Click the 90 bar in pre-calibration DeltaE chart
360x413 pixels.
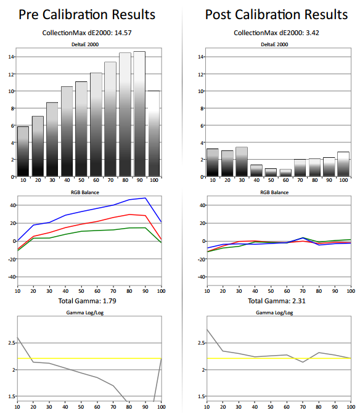click(x=139, y=114)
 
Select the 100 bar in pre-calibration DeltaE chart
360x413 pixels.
click(x=153, y=134)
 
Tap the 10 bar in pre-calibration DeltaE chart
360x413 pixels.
click(x=23, y=152)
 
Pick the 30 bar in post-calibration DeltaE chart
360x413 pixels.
click(x=242, y=162)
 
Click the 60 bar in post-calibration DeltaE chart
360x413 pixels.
click(x=285, y=173)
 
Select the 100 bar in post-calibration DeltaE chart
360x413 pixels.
click(x=343, y=164)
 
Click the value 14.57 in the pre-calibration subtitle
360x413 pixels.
click(x=123, y=33)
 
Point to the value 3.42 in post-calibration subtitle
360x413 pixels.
click(x=313, y=33)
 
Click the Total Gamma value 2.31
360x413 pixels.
click(x=298, y=301)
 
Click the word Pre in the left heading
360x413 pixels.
click(x=29, y=15)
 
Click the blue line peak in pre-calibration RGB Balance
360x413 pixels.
click(x=145, y=198)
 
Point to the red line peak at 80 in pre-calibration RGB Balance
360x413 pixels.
click(x=129, y=215)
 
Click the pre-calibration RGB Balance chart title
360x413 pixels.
click(x=85, y=192)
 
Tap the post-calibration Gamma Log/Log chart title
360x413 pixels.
click(x=274, y=313)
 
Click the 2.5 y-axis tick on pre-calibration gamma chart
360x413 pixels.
click(x=12, y=343)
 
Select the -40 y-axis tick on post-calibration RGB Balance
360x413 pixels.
click(x=201, y=277)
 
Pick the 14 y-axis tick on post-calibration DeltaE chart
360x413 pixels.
click(x=201, y=57)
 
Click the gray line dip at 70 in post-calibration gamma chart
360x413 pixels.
click(x=303, y=362)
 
